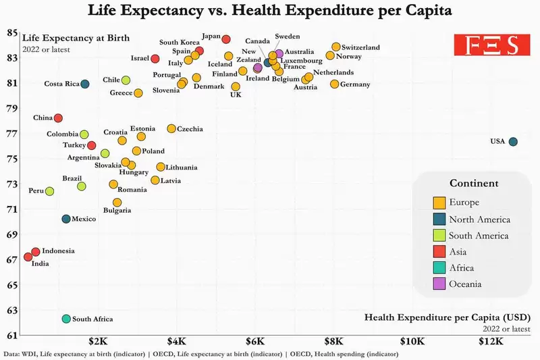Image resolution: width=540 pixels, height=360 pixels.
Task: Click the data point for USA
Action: [x=513, y=142]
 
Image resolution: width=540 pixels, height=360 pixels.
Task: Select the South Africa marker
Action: [x=66, y=319]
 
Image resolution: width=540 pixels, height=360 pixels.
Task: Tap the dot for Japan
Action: [x=226, y=39]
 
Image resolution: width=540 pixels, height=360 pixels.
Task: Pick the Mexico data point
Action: [x=66, y=219]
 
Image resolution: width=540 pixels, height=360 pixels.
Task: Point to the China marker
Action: [x=58, y=118]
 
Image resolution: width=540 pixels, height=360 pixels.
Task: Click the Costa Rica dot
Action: [x=85, y=84]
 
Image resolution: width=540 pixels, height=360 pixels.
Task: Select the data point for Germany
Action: [x=334, y=84]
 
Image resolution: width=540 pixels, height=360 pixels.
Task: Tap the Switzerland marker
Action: [x=336, y=47]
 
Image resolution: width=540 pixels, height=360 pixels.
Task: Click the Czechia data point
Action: [x=171, y=128]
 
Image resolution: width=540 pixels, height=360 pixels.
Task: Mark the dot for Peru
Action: [x=49, y=191]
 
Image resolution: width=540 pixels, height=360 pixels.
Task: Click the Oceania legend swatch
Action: [x=439, y=284]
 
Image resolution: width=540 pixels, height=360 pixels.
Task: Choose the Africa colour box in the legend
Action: [x=439, y=267]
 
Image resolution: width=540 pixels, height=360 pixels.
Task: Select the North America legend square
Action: [x=439, y=219]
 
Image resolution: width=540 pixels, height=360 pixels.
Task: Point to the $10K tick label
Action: [x=412, y=341]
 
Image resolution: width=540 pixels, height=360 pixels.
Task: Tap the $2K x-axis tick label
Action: [x=98, y=341]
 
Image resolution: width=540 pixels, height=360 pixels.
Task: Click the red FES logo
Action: [x=492, y=45]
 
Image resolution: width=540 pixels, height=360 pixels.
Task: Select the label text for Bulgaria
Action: [x=117, y=210]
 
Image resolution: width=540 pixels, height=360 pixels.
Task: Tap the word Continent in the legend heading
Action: [x=474, y=183]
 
